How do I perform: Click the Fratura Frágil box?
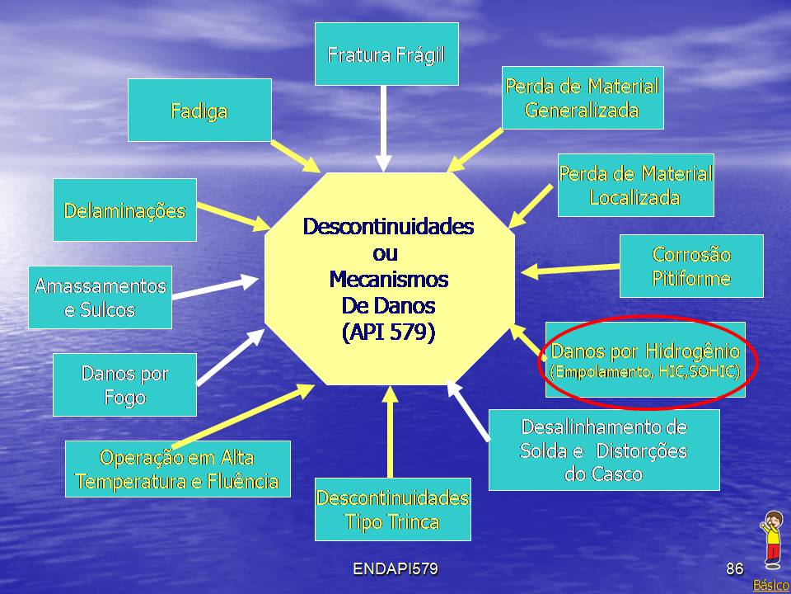(x=386, y=54)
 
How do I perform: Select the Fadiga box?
(x=199, y=110)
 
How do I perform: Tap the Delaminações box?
(x=124, y=210)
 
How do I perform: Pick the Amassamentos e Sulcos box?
(x=100, y=297)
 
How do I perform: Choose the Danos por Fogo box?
(x=124, y=384)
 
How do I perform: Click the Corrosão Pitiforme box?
(x=691, y=266)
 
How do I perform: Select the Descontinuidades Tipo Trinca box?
(x=392, y=509)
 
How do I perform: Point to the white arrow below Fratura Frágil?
(x=384, y=129)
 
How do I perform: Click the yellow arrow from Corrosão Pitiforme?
(x=570, y=269)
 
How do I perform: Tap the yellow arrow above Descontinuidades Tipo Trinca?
(x=390, y=431)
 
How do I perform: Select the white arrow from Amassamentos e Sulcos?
(x=215, y=287)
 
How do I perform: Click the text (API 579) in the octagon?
(x=388, y=332)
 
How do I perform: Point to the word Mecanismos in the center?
(x=388, y=279)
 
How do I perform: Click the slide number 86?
(x=734, y=568)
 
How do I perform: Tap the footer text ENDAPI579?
(x=395, y=568)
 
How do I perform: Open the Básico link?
(x=771, y=585)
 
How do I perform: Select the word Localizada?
(x=634, y=197)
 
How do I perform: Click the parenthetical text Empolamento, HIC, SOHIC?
(x=644, y=372)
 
